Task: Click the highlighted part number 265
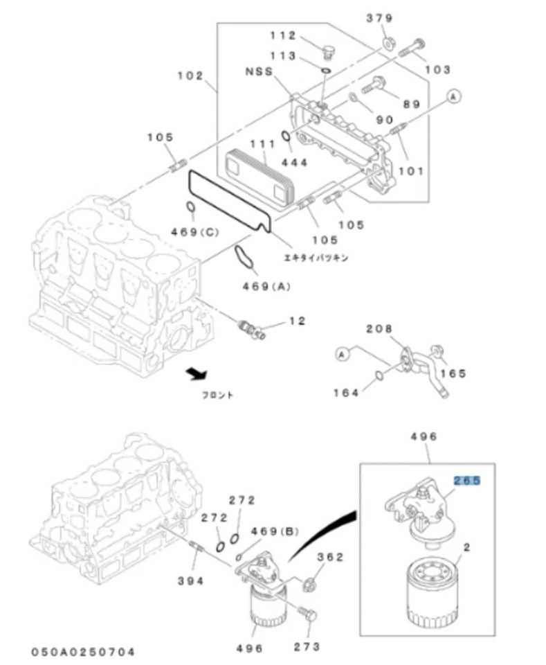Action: point(466,479)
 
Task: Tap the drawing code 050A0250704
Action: point(82,651)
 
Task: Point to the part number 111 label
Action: point(262,143)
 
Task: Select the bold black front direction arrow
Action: point(197,374)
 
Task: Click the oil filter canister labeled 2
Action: point(430,588)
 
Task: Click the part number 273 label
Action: point(307,646)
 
